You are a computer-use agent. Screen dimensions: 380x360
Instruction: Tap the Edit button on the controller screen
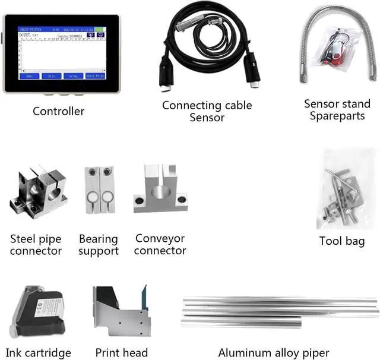[30, 77]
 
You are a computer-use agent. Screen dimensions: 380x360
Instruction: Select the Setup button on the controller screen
[72, 77]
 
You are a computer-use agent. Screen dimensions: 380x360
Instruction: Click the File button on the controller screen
[52, 77]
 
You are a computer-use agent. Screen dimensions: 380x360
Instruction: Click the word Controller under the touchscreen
[58, 111]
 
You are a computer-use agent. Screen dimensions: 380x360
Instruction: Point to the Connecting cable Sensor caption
[207, 112]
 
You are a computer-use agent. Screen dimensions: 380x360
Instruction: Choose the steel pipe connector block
[33, 191]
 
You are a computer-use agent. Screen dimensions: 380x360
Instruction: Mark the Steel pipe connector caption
[36, 245]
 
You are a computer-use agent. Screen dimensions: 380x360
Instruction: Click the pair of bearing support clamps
[98, 190]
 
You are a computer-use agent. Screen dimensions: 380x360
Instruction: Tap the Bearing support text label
[98, 245]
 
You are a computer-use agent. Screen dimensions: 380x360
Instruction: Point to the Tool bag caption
[341, 241]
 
